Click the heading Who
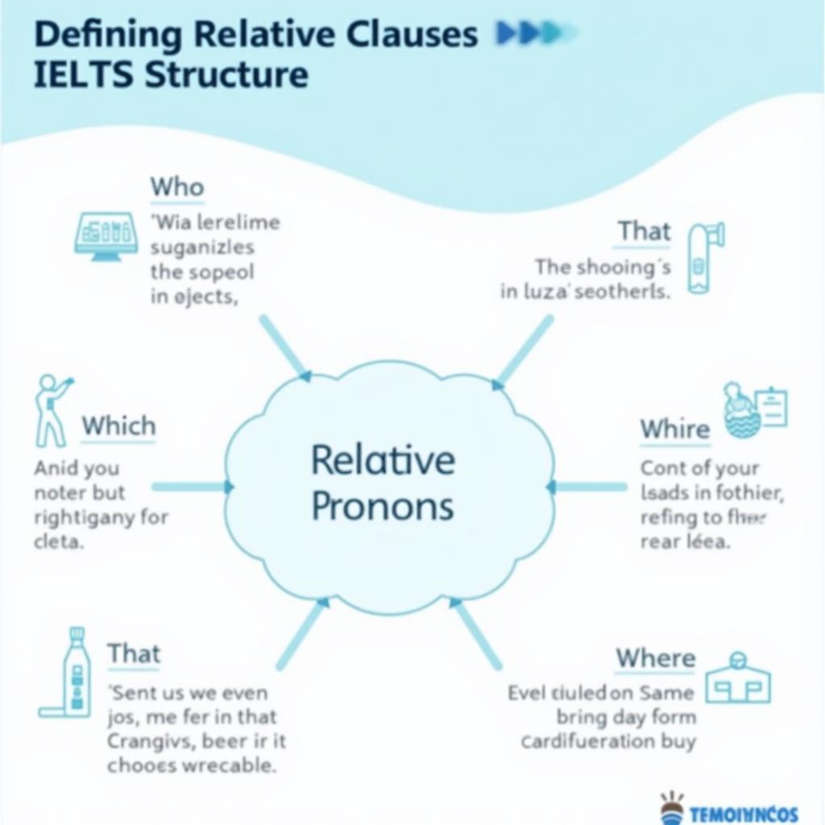click(x=176, y=187)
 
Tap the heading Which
click(x=118, y=425)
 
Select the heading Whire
click(x=674, y=429)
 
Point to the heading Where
click(x=655, y=658)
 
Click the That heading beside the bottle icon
click(x=134, y=653)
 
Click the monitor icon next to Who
click(x=106, y=236)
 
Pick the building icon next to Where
click(x=738, y=678)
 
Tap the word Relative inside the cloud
click(x=383, y=461)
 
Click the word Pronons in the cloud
click(x=383, y=506)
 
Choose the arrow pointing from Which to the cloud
click(x=192, y=487)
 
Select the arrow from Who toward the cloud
click(x=284, y=347)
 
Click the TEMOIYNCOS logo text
click(x=744, y=813)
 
